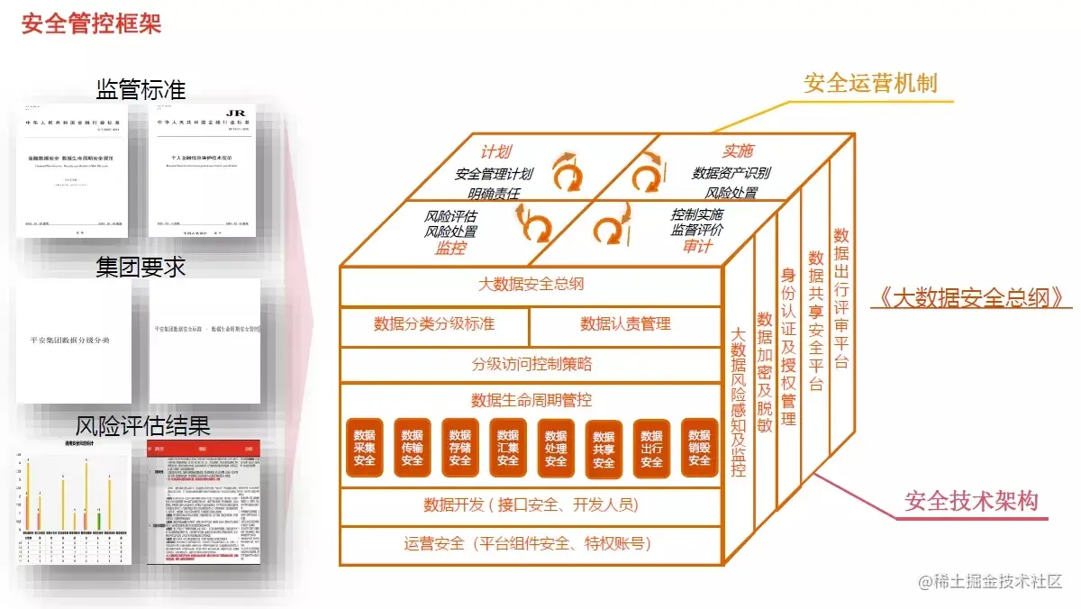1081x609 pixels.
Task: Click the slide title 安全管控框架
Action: pyautogui.click(x=91, y=24)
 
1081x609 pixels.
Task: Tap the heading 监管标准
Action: pyautogui.click(x=141, y=89)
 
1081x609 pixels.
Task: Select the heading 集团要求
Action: pyautogui.click(x=141, y=267)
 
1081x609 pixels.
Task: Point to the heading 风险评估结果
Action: pyautogui.click(x=142, y=424)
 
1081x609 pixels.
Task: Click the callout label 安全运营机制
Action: pyautogui.click(x=870, y=84)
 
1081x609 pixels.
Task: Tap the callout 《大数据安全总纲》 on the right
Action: pyautogui.click(x=970, y=298)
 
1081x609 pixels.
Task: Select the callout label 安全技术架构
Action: pyautogui.click(x=972, y=501)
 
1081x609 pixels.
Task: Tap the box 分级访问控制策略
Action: pyautogui.click(x=531, y=365)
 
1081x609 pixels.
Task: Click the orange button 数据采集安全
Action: pyautogui.click(x=364, y=448)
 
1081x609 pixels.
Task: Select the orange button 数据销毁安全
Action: pyautogui.click(x=699, y=448)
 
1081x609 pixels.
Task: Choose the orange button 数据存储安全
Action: pyautogui.click(x=460, y=448)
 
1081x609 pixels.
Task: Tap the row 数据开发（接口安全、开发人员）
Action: pyautogui.click(x=531, y=504)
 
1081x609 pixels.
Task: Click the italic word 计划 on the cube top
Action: pyautogui.click(x=496, y=152)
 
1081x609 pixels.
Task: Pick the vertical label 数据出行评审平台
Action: pyautogui.click(x=841, y=297)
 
